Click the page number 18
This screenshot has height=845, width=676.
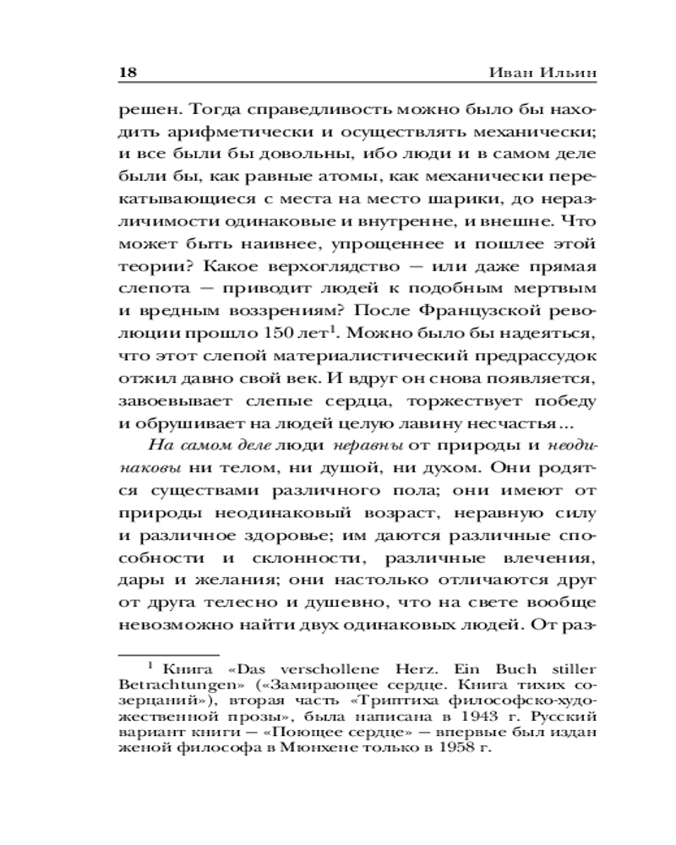[127, 74]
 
